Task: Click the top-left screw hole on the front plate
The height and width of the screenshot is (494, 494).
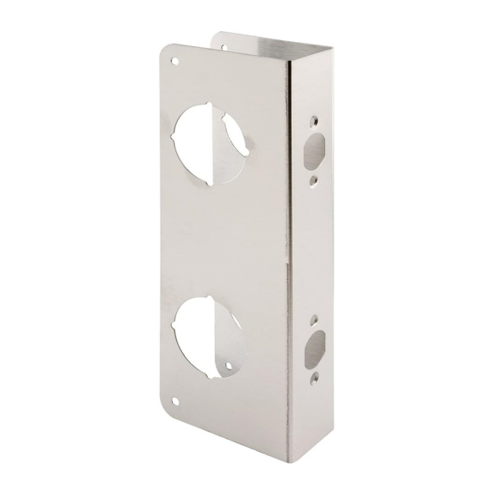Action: click(175, 60)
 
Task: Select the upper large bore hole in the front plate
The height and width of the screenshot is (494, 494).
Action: click(207, 137)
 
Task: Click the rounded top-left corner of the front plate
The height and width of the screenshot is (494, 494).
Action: click(163, 48)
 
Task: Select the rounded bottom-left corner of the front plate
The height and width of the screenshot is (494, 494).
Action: click(167, 412)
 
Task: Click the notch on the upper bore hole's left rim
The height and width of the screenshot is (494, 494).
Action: click(175, 134)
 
